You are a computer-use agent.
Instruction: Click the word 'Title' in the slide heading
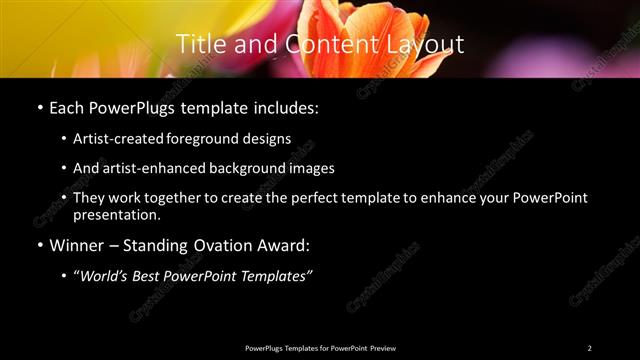tap(197, 44)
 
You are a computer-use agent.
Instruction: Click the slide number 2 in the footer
tap(589, 347)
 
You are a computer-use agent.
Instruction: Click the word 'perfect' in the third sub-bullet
tap(309, 198)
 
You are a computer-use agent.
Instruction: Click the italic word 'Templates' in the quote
tap(275, 274)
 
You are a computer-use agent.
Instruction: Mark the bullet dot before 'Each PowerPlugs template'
tap(39, 106)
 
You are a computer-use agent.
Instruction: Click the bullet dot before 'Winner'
tap(39, 245)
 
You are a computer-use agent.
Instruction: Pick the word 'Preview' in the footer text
tap(383, 347)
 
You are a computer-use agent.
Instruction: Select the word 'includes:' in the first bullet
tap(290, 106)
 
